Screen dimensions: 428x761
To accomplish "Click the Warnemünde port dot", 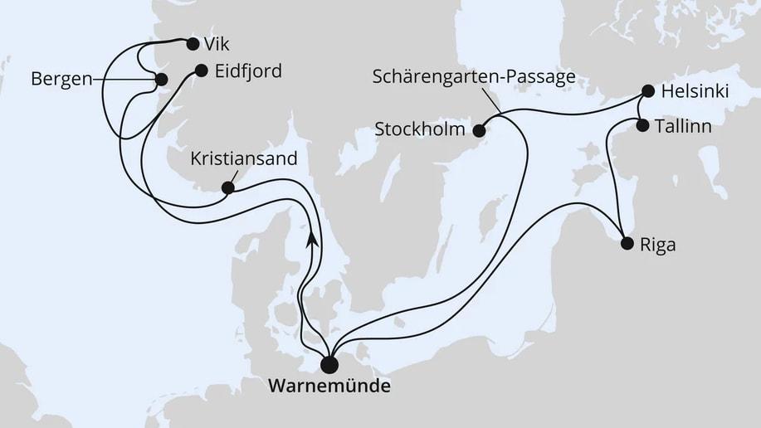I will (x=330, y=364).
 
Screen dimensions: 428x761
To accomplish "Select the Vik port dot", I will (x=193, y=44).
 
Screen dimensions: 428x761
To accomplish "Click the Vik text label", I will (x=219, y=44).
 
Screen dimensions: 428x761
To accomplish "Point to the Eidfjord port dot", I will (x=201, y=71).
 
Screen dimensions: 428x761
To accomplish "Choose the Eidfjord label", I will (x=247, y=71).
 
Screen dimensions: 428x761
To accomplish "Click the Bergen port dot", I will (x=161, y=80).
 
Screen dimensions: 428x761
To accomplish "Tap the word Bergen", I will (x=61, y=80).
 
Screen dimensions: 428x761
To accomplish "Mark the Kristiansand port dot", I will (x=227, y=187).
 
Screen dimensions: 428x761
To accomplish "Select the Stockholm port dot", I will (x=479, y=129).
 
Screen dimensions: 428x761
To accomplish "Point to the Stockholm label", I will (x=422, y=130).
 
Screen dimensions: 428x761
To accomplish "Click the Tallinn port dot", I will (x=642, y=125).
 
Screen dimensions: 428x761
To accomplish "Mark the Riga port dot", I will (x=627, y=244).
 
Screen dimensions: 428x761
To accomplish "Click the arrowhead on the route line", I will (x=312, y=239).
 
